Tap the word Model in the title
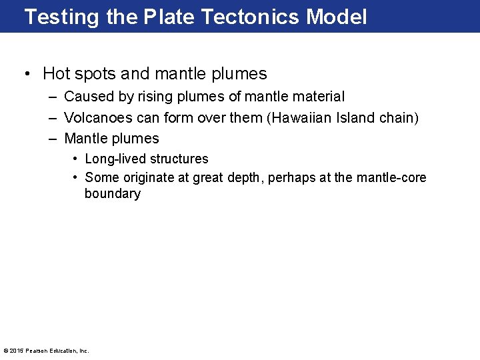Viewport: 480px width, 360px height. pos(337,17)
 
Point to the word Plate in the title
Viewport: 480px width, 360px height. pos(169,17)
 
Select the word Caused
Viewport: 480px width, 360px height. pos(89,97)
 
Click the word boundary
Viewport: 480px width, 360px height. pos(112,194)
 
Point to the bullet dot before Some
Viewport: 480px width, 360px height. pos(75,177)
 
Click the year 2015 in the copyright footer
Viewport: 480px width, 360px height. pos(17,351)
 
